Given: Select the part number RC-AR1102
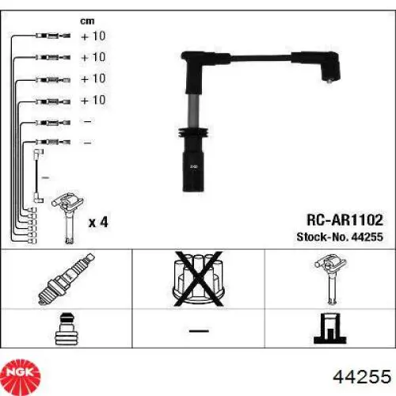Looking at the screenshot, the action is [345, 220].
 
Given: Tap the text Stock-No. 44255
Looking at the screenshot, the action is [340, 237].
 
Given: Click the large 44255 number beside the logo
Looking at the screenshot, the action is [362, 376].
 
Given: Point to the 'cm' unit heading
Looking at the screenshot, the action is [87, 21].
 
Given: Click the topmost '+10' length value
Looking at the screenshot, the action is [93, 36].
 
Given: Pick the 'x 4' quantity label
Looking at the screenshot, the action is [98, 223].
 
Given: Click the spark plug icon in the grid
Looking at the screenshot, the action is [67, 279].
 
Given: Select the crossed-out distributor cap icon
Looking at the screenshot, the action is [199, 279].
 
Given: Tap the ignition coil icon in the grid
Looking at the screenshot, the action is [330, 279].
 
